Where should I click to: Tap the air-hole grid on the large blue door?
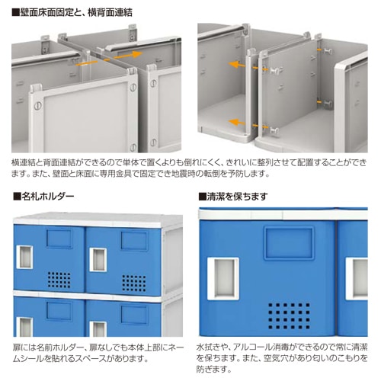click(x=289, y=315)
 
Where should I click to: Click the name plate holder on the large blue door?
click(x=289, y=243)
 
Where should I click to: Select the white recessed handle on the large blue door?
click(x=223, y=278)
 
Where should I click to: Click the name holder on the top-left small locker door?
click(x=59, y=239)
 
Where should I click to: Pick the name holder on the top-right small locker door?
click(x=134, y=240)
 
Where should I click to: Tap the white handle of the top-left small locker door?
click(x=24, y=257)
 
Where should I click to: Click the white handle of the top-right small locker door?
click(x=98, y=260)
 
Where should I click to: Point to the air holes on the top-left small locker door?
click(x=59, y=280)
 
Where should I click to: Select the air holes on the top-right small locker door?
click(x=134, y=283)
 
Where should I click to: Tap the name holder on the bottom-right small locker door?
click(x=134, y=315)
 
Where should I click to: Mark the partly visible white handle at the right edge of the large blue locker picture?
click(x=357, y=278)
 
